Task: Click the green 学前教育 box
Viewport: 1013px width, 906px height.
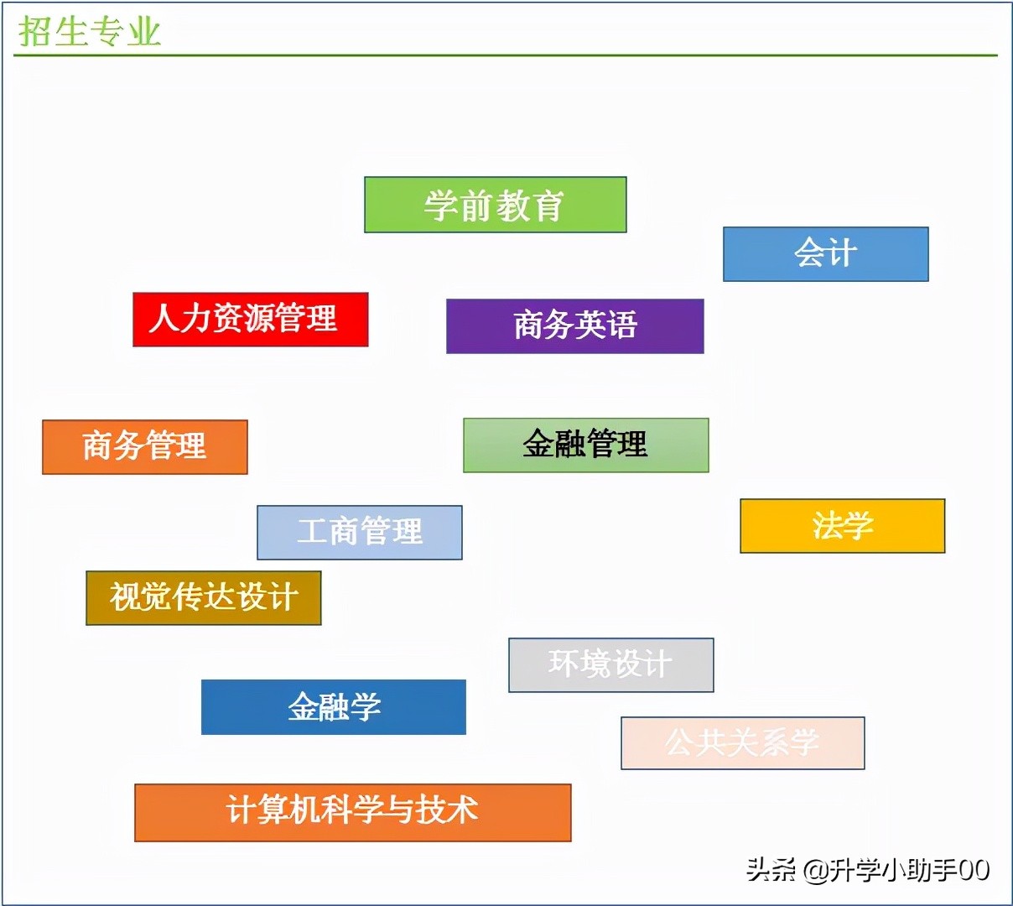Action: pyautogui.click(x=495, y=205)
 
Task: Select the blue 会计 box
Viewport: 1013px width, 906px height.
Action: pyautogui.click(x=825, y=253)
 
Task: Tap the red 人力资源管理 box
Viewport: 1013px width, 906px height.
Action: pyautogui.click(x=250, y=319)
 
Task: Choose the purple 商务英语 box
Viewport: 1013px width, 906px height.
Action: pyautogui.click(x=574, y=325)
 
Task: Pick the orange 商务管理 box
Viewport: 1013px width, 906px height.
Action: pyautogui.click(x=144, y=446)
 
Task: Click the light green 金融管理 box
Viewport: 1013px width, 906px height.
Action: pyautogui.click(x=585, y=445)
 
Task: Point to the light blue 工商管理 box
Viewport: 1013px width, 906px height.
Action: pyautogui.click(x=359, y=532)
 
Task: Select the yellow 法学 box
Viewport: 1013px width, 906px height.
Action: pyautogui.click(x=842, y=526)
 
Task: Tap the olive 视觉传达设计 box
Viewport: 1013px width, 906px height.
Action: pyautogui.click(x=203, y=597)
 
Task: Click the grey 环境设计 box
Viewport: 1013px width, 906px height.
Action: pyautogui.click(x=610, y=664)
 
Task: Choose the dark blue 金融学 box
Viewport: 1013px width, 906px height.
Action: pyautogui.click(x=333, y=707)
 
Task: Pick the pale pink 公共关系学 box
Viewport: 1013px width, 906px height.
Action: pyautogui.click(x=742, y=742)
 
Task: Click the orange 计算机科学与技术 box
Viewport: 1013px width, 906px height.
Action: pyautogui.click(x=352, y=812)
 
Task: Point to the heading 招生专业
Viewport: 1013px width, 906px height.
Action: pyautogui.click(x=89, y=32)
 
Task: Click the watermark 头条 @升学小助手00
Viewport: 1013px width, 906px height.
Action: pyautogui.click(x=868, y=870)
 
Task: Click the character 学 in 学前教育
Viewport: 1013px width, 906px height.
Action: pyautogui.click(x=441, y=206)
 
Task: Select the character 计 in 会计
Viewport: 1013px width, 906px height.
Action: pyautogui.click(x=841, y=253)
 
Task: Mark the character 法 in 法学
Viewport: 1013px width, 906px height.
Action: pyautogui.click(x=827, y=526)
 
